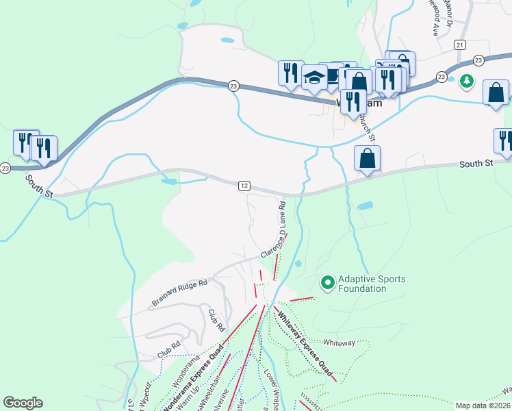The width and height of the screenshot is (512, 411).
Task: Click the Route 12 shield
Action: coord(244,186)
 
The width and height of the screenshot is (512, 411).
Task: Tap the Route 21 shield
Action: coord(459,45)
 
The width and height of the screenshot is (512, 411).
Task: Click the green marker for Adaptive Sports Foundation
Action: coord(327,282)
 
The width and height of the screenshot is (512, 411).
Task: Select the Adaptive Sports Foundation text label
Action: coord(373,284)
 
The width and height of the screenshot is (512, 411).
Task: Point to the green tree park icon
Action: coord(467,82)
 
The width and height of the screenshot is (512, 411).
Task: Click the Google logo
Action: coord(23,403)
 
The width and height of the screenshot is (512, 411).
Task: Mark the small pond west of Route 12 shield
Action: coord(168,182)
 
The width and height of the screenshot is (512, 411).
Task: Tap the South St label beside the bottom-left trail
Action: coord(40,186)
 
